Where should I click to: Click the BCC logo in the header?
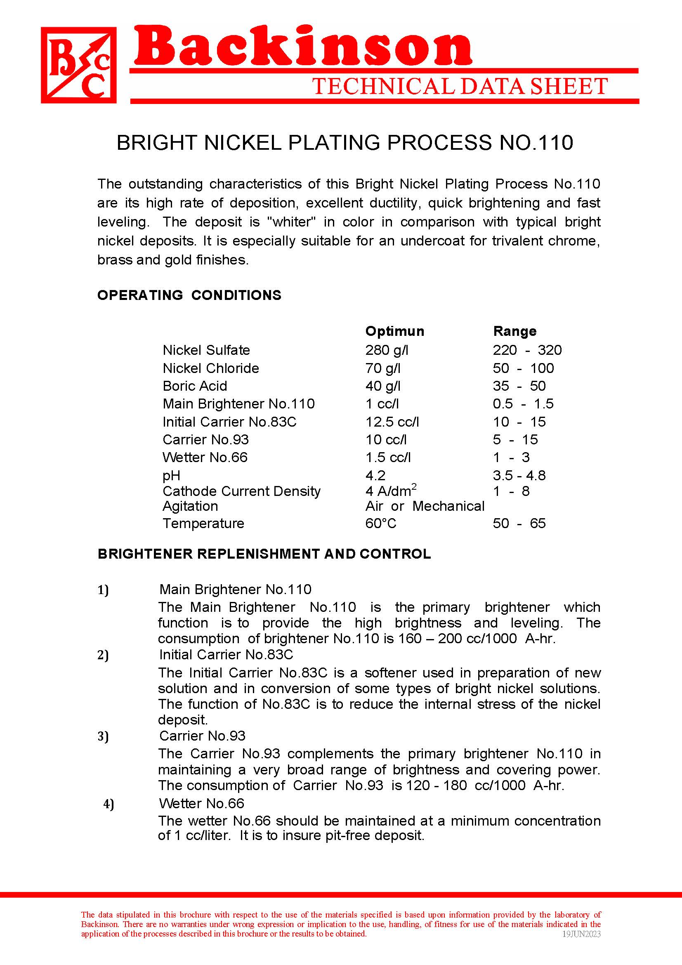78,65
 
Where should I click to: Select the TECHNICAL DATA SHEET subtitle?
460,87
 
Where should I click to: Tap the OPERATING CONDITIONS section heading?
189,295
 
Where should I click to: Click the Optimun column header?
394,331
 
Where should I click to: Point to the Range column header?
515,331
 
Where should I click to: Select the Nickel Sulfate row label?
206,350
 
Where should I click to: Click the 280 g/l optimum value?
387,350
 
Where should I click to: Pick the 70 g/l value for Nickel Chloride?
383,368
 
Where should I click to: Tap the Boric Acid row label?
195,386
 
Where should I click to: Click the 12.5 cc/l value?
392,422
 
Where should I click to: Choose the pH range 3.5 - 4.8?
519,475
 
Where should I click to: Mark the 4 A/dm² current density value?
391,491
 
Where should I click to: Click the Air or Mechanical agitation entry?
425,506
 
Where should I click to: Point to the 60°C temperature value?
381,523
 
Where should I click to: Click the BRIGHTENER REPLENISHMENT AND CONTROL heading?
264,554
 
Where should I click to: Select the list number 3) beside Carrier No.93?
103,736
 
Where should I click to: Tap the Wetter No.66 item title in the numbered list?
201,803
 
